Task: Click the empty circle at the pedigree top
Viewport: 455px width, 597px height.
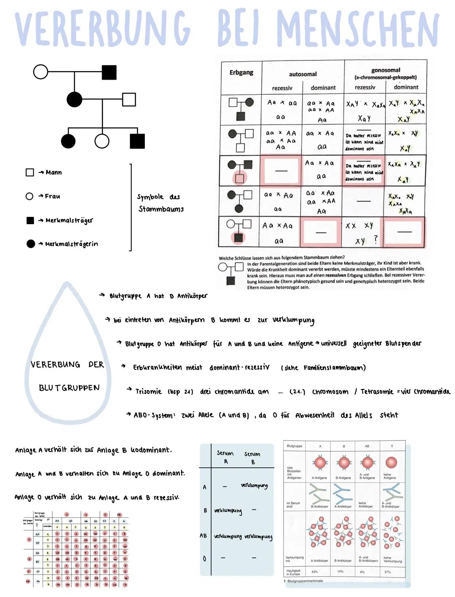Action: coord(40,72)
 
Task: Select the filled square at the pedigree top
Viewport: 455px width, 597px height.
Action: coord(109,72)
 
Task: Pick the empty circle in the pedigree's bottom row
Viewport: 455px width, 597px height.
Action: coord(102,141)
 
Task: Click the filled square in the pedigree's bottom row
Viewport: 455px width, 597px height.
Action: coord(137,141)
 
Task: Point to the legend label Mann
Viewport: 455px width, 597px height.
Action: coord(54,172)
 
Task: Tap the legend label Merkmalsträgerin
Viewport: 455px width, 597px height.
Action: coord(71,244)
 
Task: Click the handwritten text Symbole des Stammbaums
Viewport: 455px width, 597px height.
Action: coord(161,203)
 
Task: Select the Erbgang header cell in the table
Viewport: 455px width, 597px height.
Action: coord(241,72)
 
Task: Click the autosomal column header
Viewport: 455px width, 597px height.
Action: coord(302,74)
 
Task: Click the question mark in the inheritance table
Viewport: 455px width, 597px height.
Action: coord(376,239)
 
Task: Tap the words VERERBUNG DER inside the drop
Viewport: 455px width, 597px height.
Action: coord(67,365)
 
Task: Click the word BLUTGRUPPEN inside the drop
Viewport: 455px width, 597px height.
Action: coord(69,388)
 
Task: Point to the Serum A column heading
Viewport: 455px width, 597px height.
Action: coord(225,457)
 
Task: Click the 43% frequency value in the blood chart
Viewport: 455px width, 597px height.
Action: coord(315,572)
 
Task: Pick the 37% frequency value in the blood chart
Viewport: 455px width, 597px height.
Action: coord(388,572)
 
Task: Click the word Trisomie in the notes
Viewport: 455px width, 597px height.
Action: coord(148,391)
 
